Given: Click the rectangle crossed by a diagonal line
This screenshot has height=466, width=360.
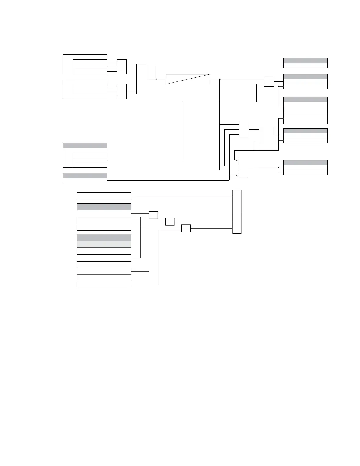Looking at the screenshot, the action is [x=188, y=79].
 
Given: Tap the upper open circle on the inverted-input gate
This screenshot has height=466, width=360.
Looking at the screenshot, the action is [x=237, y=160].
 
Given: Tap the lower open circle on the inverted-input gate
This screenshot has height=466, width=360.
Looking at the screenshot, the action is [x=237, y=175].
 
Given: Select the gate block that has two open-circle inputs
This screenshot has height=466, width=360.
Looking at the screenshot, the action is [x=243, y=167].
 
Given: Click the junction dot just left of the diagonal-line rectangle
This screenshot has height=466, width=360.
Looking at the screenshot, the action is [x=156, y=79].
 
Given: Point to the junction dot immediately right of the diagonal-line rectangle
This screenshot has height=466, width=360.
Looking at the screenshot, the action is [x=220, y=79].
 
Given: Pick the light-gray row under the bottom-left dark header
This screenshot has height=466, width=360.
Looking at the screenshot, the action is [x=104, y=244].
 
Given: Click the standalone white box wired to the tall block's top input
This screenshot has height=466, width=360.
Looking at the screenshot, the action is [x=104, y=196].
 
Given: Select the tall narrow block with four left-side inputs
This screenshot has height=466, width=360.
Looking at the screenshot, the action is [x=237, y=212].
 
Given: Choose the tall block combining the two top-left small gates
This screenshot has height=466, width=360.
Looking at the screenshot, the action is [x=141, y=79].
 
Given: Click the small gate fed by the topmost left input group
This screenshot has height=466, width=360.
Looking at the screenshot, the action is [x=122, y=67].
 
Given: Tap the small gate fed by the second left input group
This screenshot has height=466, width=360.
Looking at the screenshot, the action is [x=122, y=91].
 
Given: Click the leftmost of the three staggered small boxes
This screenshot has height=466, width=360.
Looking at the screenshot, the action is [x=153, y=215].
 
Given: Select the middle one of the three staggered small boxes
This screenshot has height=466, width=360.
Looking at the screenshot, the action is [x=170, y=222].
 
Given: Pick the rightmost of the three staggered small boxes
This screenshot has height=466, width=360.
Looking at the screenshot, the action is [x=186, y=228].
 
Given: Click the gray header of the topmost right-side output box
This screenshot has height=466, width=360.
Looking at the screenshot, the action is [x=305, y=60].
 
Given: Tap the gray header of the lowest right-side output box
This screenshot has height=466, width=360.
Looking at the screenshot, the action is [x=305, y=162].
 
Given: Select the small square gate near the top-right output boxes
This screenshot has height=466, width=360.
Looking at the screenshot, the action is [x=269, y=82].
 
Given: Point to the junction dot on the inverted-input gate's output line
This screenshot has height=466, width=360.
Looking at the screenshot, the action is [x=279, y=167].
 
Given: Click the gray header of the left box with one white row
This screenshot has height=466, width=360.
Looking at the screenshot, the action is [x=85, y=175].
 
